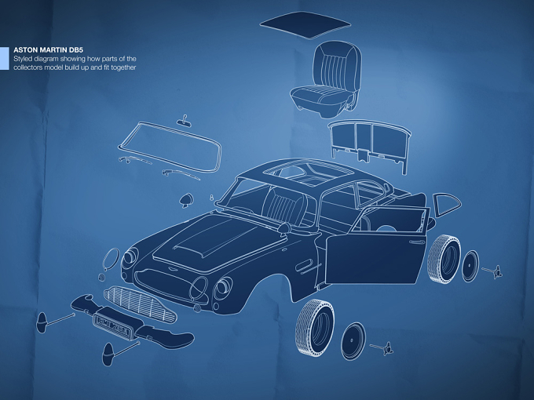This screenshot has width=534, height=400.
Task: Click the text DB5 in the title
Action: click(x=76, y=50)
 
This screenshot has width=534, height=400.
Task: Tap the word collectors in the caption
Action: click(x=27, y=67)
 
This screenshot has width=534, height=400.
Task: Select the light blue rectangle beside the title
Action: click(x=5, y=59)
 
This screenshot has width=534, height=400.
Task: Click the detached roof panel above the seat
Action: click(x=305, y=25)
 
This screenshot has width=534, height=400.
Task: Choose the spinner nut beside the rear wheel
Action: click(x=493, y=271)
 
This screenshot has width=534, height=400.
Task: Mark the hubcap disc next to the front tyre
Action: click(x=353, y=341)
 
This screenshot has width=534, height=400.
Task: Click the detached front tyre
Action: click(x=315, y=327)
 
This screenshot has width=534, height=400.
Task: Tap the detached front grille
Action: click(x=140, y=304)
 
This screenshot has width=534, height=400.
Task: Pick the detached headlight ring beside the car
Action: click(x=111, y=259)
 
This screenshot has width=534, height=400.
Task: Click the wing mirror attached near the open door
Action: click(x=283, y=228)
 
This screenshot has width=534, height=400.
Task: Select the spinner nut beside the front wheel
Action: click(x=382, y=348)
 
